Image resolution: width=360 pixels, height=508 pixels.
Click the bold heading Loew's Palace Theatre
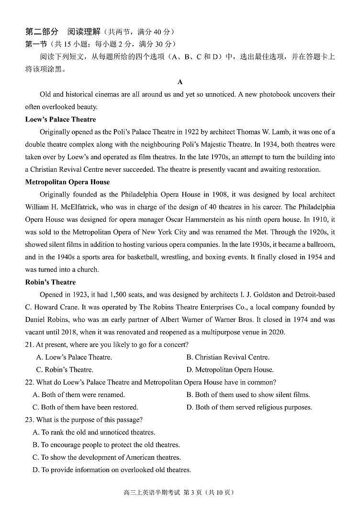(x=60, y=120)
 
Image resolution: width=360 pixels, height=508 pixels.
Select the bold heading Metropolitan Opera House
(x=67, y=182)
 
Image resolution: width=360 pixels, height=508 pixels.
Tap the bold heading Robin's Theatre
(x=50, y=282)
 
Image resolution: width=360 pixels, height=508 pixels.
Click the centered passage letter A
(x=180, y=82)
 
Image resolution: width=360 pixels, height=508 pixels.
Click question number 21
(x=30, y=344)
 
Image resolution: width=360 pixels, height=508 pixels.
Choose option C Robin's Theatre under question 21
(x=65, y=370)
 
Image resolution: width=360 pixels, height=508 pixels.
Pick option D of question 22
(x=249, y=408)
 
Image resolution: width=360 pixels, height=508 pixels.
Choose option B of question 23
(x=106, y=445)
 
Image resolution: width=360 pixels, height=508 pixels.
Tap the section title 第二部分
(x=42, y=32)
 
